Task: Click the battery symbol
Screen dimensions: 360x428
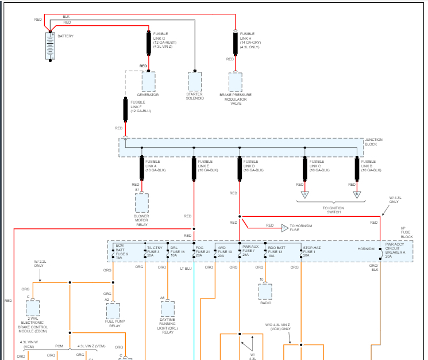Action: (x=51, y=46)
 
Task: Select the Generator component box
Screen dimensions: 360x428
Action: (x=148, y=82)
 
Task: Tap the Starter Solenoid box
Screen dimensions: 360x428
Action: (x=195, y=82)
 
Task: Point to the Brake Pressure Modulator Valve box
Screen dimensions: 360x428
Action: (x=235, y=82)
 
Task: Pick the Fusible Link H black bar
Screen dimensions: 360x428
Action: (x=235, y=43)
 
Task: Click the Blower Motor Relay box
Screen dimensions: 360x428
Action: (x=141, y=204)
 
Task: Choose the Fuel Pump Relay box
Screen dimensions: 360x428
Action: (x=114, y=311)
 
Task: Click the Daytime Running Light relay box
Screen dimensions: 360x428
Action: (x=167, y=309)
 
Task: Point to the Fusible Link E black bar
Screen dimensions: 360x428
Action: (x=194, y=168)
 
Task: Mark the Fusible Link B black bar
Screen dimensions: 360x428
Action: (x=356, y=168)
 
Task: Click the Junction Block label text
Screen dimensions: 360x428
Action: (x=374, y=142)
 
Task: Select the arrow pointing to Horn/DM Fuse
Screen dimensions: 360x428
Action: (x=285, y=225)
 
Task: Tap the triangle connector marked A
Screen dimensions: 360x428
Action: (x=306, y=194)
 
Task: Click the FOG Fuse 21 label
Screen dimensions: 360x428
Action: (x=203, y=251)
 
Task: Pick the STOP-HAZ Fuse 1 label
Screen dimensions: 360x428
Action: (x=311, y=251)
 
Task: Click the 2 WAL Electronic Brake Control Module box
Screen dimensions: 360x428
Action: (x=33, y=309)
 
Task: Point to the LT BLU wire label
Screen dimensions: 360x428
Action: (x=186, y=269)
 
